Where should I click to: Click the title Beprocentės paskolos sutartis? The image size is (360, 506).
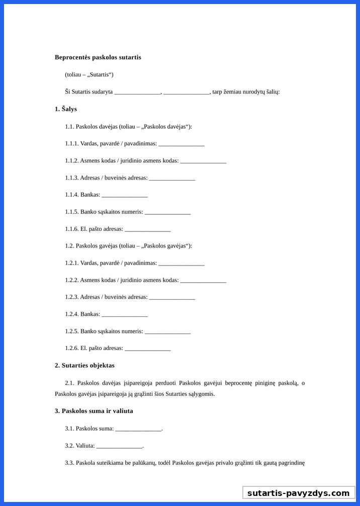[x=98, y=57]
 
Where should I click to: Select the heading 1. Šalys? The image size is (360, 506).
[x=66, y=109]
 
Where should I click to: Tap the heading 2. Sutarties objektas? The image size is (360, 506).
[x=84, y=365]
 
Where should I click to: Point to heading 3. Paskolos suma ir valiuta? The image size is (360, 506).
[x=94, y=411]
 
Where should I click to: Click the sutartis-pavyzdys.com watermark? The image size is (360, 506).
[x=299, y=493]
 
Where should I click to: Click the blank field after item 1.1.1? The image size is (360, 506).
[x=182, y=144]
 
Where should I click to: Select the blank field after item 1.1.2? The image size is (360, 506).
[x=203, y=161]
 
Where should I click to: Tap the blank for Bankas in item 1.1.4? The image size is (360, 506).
[x=125, y=195]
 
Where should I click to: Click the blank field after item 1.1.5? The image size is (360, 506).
[x=167, y=213]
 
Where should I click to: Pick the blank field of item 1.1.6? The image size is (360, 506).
[x=148, y=230]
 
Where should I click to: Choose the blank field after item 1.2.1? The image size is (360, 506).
[x=182, y=264]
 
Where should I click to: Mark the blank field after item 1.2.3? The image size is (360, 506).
[x=172, y=298]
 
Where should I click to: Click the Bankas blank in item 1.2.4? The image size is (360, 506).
[x=125, y=315]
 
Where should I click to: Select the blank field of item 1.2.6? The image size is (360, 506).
[x=148, y=349]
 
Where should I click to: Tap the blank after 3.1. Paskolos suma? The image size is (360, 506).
[x=138, y=429]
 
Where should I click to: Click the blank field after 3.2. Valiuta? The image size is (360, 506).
[x=119, y=446]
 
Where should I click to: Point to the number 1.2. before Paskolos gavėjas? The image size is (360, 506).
[x=69, y=246]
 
